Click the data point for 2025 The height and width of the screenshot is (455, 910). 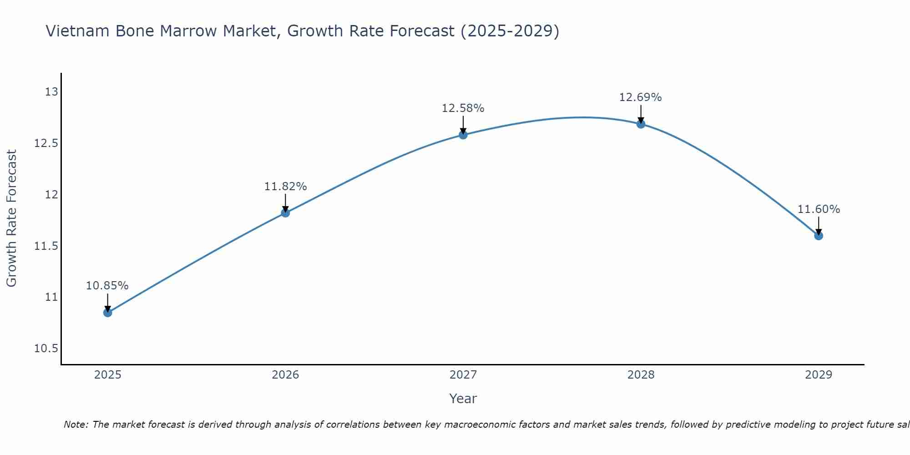pyautogui.click(x=107, y=313)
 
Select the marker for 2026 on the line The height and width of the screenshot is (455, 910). pyautogui.click(x=285, y=212)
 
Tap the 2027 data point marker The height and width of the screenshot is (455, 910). pyautogui.click(x=463, y=135)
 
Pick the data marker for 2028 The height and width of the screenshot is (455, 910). pyautogui.click(x=641, y=124)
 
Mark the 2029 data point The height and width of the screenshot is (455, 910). pyautogui.click(x=819, y=236)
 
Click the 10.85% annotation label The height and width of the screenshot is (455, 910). pyautogui.click(x=107, y=286)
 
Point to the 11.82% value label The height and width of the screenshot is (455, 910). pyautogui.click(x=285, y=186)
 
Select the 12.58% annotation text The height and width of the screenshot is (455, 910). pyautogui.click(x=463, y=108)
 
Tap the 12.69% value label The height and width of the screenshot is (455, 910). pyautogui.click(x=641, y=97)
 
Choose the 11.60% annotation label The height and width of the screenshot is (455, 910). pyautogui.click(x=819, y=209)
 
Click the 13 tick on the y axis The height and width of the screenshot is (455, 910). pyautogui.click(x=51, y=92)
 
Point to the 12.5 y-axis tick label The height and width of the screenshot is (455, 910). pyautogui.click(x=46, y=143)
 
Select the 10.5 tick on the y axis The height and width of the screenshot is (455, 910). pyautogui.click(x=46, y=349)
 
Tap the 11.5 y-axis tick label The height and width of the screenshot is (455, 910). pyautogui.click(x=46, y=246)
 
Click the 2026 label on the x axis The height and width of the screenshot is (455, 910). pyautogui.click(x=285, y=375)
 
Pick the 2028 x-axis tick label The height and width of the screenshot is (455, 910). pyautogui.click(x=641, y=375)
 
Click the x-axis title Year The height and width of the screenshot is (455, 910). pyautogui.click(x=463, y=399)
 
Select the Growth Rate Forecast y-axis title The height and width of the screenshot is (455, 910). pyautogui.click(x=11, y=218)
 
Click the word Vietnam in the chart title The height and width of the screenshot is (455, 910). pyautogui.click(x=78, y=31)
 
